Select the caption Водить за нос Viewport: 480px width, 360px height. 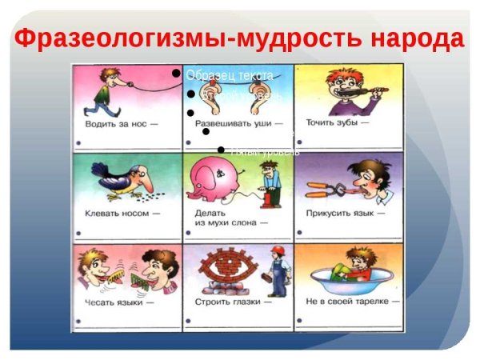tap(119, 126)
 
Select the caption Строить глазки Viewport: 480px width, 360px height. tap(231, 303)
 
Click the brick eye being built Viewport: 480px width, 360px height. tap(225, 267)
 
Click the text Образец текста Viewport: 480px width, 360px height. tap(230, 75)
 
